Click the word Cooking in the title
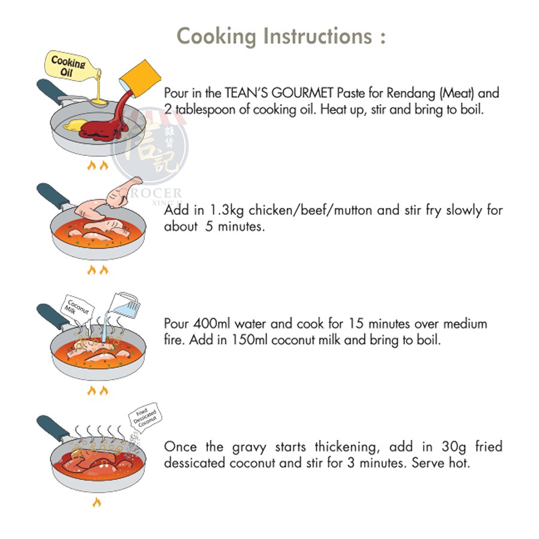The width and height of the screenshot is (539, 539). coord(216,37)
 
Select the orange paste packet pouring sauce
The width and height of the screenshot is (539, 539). coord(140,79)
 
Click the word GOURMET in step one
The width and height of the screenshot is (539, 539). coord(302,93)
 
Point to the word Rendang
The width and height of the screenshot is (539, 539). coord(411,93)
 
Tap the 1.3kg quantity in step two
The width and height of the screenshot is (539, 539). coord(226,210)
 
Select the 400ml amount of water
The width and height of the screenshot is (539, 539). coord(212,323)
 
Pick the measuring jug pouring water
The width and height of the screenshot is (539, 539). coord(124,305)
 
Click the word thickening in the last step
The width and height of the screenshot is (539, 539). coord(347,447)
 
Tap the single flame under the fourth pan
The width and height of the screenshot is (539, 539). coord(97,502)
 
